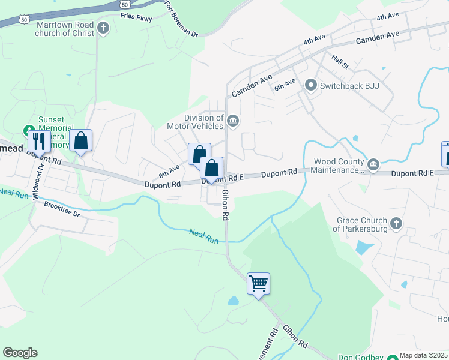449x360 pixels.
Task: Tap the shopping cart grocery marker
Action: click(258, 283)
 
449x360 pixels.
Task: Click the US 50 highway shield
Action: click(23, 20)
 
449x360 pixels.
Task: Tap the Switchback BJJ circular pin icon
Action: click(311, 85)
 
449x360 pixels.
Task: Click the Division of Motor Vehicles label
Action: click(203, 122)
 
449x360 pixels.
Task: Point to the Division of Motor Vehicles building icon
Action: click(234, 122)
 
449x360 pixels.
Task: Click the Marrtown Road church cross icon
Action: click(104, 28)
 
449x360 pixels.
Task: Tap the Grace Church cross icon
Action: click(396, 224)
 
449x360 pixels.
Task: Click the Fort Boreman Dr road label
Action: click(181, 19)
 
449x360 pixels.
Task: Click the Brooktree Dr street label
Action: click(62, 208)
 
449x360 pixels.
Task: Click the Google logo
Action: click(20, 353)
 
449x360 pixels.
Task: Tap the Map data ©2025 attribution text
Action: click(423, 355)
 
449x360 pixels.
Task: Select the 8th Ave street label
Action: click(169, 172)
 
